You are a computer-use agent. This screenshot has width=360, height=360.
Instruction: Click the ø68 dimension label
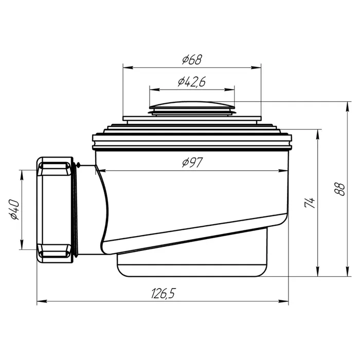[192, 59]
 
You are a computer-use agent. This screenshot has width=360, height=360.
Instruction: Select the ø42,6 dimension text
[192, 82]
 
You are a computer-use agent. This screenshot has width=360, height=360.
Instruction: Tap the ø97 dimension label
[192, 163]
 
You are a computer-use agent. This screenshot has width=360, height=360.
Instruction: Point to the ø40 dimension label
[14, 210]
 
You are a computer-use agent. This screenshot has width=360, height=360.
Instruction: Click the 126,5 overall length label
[163, 294]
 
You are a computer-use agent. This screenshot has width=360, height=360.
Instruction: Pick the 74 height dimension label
[309, 202]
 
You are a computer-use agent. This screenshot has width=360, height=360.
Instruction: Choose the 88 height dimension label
[340, 189]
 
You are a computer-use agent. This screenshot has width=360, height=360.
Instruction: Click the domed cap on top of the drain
[192, 105]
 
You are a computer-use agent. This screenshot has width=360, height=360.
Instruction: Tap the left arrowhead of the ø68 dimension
[128, 67]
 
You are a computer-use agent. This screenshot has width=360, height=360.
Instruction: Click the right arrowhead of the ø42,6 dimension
[229, 89]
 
